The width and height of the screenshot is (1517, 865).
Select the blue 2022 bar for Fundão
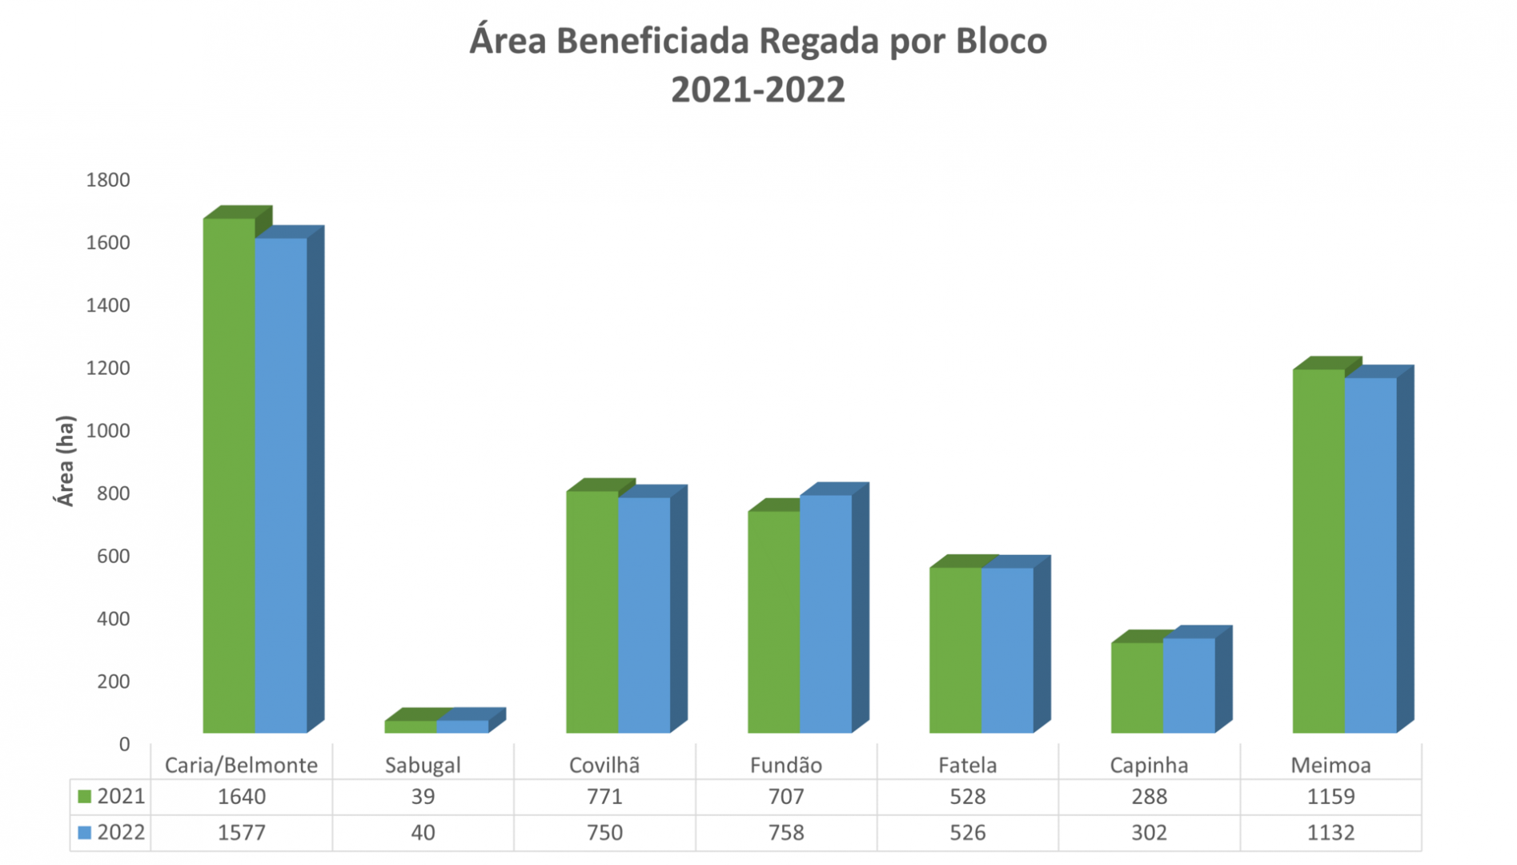coord(825,614)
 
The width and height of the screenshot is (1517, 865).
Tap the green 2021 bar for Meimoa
coord(1318,551)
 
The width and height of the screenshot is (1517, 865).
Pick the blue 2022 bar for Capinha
coord(1189,685)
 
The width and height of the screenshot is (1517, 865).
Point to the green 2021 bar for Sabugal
coord(410,726)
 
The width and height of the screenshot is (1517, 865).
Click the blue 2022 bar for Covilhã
coord(644,614)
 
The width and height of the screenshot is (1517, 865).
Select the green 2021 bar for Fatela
coord(955,650)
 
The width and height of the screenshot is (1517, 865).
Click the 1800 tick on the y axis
coord(108,180)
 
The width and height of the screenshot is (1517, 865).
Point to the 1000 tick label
coord(108,431)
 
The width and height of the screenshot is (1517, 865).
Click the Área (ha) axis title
coord(65,461)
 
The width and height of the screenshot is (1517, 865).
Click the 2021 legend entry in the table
coord(112,797)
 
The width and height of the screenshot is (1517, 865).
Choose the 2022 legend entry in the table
coord(112,833)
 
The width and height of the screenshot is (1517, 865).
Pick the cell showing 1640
coord(241,797)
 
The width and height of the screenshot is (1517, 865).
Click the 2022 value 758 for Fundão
coord(786,833)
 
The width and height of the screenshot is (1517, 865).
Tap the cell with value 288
coord(1149,797)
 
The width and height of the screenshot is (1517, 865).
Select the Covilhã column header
coord(604,765)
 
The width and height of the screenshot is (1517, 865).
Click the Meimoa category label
coord(1330,765)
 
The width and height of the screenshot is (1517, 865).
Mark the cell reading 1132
coord(1330,833)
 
